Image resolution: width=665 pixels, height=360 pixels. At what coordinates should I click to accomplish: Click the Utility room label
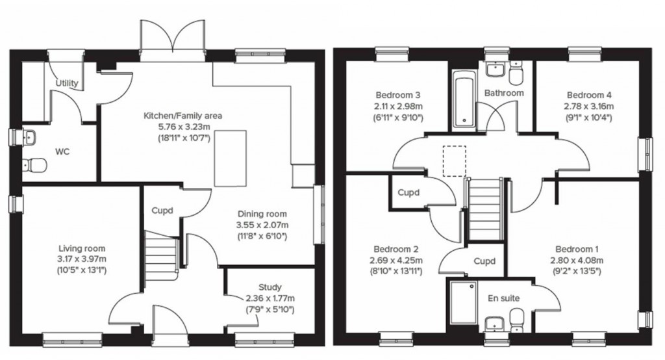tap(67, 83)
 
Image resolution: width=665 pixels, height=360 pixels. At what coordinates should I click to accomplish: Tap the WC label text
tap(62, 152)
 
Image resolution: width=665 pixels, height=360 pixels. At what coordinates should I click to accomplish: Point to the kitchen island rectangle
tap(231, 158)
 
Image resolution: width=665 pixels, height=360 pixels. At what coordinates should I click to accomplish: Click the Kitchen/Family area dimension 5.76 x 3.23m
tap(171, 127)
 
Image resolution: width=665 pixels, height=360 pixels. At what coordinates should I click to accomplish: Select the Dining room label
tap(262, 214)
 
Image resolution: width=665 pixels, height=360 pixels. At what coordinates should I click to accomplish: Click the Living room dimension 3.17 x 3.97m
tap(82, 259)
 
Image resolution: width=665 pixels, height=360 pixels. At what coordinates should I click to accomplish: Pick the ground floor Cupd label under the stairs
tap(162, 211)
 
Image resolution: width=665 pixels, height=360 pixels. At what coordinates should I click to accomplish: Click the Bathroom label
tap(503, 93)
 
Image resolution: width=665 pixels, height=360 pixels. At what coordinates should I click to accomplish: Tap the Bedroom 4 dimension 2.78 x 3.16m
tap(590, 106)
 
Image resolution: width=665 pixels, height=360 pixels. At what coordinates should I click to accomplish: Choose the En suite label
tap(503, 298)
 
